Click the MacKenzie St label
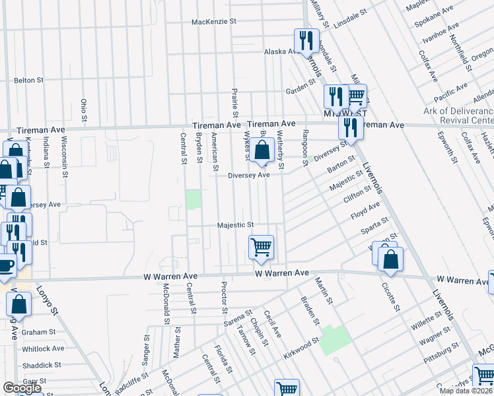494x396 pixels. coord(214,22)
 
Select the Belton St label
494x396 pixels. coord(28,80)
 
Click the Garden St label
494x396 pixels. coord(298,91)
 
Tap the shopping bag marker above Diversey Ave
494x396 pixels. coord(262,151)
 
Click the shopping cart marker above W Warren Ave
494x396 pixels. coord(262,248)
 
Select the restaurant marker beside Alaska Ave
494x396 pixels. coord(306,42)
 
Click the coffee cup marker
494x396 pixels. coord(5,266)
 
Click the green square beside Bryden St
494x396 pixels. coord(194,199)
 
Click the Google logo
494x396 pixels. coord(22,388)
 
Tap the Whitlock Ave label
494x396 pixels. coord(43,348)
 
